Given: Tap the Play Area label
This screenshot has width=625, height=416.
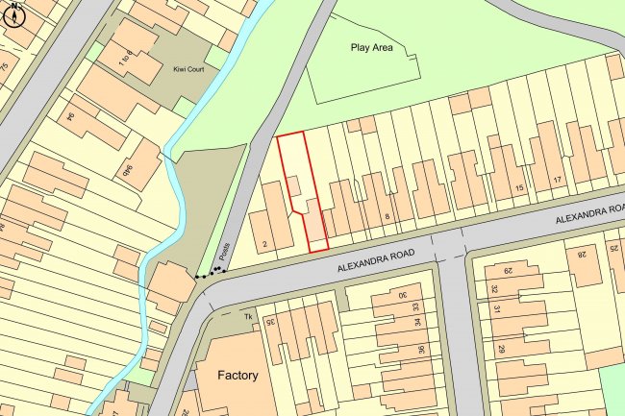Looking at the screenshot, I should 372,46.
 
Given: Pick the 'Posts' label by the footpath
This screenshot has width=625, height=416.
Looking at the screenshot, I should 223,252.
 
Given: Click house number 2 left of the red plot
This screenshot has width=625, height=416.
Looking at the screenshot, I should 263,243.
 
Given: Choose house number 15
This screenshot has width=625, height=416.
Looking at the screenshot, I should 520,188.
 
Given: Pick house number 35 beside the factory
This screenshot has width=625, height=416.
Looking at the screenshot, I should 271,321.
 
